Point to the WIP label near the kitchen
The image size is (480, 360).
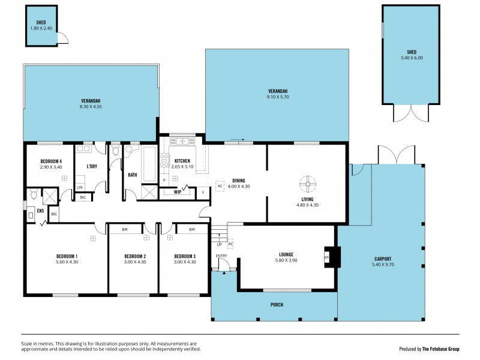178,192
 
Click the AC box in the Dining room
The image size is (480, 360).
220,186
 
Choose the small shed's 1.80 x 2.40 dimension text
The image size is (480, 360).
41,28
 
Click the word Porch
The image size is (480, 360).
276,305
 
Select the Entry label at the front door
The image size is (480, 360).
222,256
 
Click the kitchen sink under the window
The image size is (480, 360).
179,142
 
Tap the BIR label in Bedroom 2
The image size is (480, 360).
124,229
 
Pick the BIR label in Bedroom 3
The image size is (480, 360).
191,229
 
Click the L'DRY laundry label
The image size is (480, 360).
92,166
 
